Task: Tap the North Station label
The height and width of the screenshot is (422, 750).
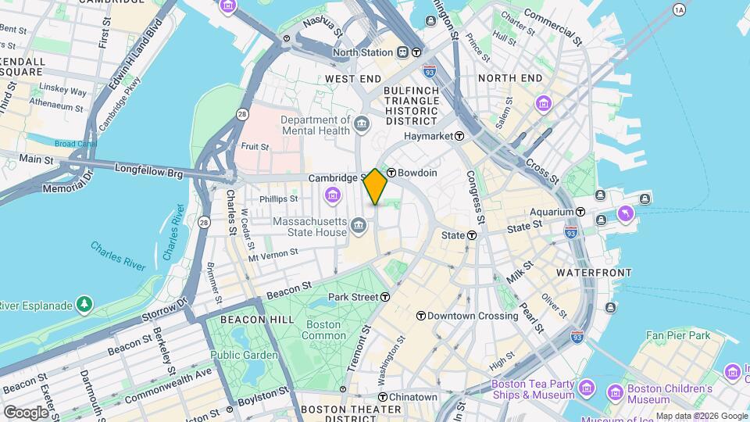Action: pyautogui.click(x=362, y=52)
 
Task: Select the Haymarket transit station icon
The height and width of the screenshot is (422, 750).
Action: pyautogui.click(x=459, y=136)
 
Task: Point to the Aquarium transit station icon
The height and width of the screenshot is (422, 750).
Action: pyautogui.click(x=580, y=212)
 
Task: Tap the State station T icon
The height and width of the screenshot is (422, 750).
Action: pyautogui.click(x=472, y=235)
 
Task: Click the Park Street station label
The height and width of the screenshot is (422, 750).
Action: pyautogui.click(x=353, y=297)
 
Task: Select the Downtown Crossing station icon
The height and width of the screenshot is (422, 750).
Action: pyautogui.click(x=421, y=316)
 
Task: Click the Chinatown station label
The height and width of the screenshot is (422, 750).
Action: pyautogui.click(x=419, y=397)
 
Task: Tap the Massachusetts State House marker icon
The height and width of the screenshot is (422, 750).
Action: pyautogui.click(x=359, y=227)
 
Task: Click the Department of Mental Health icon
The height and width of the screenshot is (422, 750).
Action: pyautogui.click(x=362, y=123)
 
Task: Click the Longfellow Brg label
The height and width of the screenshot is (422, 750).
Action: pyautogui.click(x=148, y=167)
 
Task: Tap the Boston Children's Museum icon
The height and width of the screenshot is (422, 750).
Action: pyautogui.click(x=615, y=391)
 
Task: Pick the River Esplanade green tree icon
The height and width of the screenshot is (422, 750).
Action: pyautogui.click(x=84, y=304)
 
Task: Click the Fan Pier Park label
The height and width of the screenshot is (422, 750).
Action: pyautogui.click(x=677, y=335)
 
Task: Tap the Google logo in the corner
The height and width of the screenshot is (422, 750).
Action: pyautogui.click(x=26, y=412)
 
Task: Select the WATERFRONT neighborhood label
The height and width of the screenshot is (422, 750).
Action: pyautogui.click(x=594, y=272)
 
